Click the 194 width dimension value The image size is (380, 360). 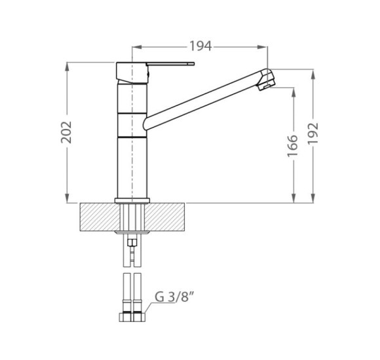(200, 46)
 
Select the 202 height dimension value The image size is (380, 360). (67, 132)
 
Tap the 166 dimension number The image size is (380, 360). (292, 146)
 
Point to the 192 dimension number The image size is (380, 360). (313, 134)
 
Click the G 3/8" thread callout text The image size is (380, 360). (174, 297)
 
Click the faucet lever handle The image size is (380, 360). (170, 64)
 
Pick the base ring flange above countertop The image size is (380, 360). (132, 200)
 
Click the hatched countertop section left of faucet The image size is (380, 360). (100, 217)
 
